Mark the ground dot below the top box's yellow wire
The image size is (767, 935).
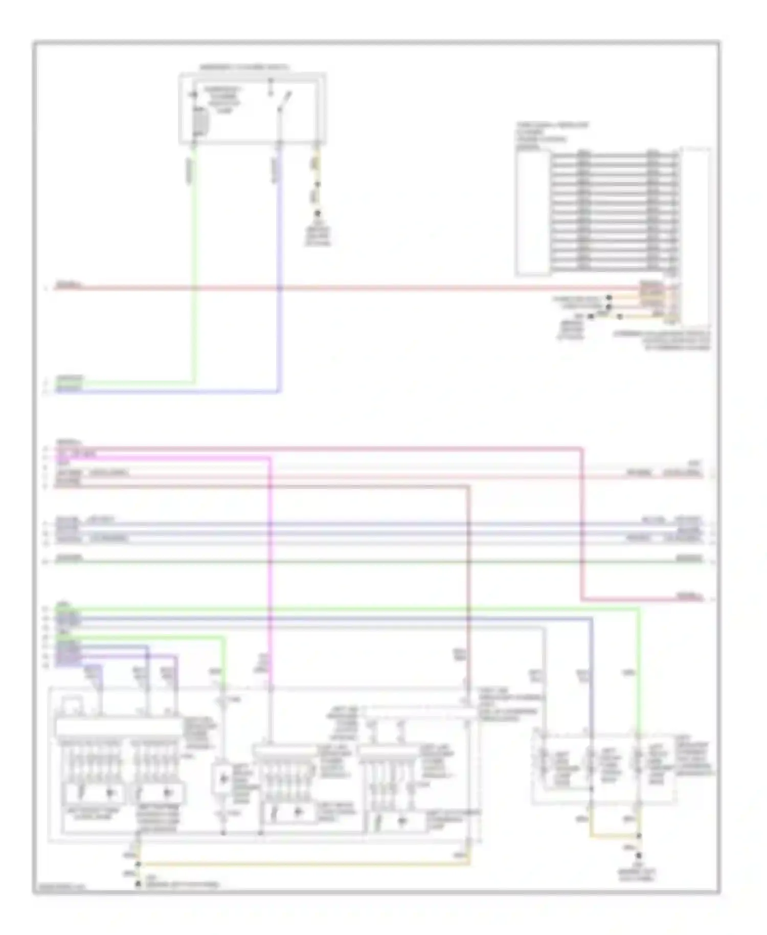tap(318, 213)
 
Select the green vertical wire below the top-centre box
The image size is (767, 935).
tap(194, 266)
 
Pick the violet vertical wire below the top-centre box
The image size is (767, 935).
tap(279, 266)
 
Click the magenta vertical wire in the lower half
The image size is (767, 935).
tap(270, 563)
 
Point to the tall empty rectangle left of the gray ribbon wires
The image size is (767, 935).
tap(532, 213)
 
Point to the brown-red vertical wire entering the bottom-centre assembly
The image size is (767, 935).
tap(468, 588)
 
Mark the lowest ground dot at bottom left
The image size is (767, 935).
tap(137, 883)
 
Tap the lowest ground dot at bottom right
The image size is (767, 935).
tap(639, 855)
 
